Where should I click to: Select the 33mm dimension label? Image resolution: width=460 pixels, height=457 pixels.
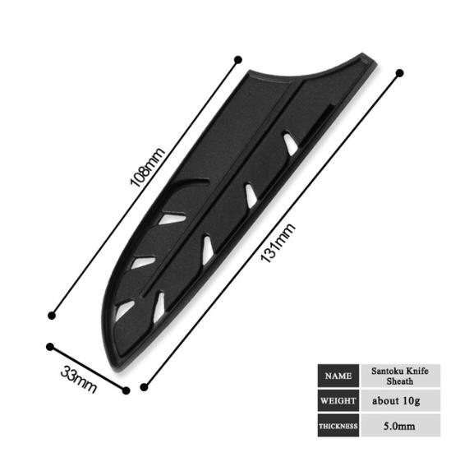[80, 378]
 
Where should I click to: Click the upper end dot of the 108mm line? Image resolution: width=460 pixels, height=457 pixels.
[238, 59]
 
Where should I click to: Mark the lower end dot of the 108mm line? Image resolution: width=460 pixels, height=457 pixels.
[53, 314]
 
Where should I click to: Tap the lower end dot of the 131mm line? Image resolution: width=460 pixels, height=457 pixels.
[145, 386]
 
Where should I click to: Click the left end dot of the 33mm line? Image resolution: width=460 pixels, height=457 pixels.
[50, 347]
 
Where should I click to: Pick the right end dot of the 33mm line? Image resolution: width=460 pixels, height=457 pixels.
[126, 390]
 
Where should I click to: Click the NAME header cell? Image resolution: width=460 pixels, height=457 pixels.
[338, 376]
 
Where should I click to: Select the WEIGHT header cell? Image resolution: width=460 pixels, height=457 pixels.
[338, 401]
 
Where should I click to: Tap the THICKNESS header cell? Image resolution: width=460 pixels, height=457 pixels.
[338, 427]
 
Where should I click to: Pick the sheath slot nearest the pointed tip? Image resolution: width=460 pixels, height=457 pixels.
[289, 143]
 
